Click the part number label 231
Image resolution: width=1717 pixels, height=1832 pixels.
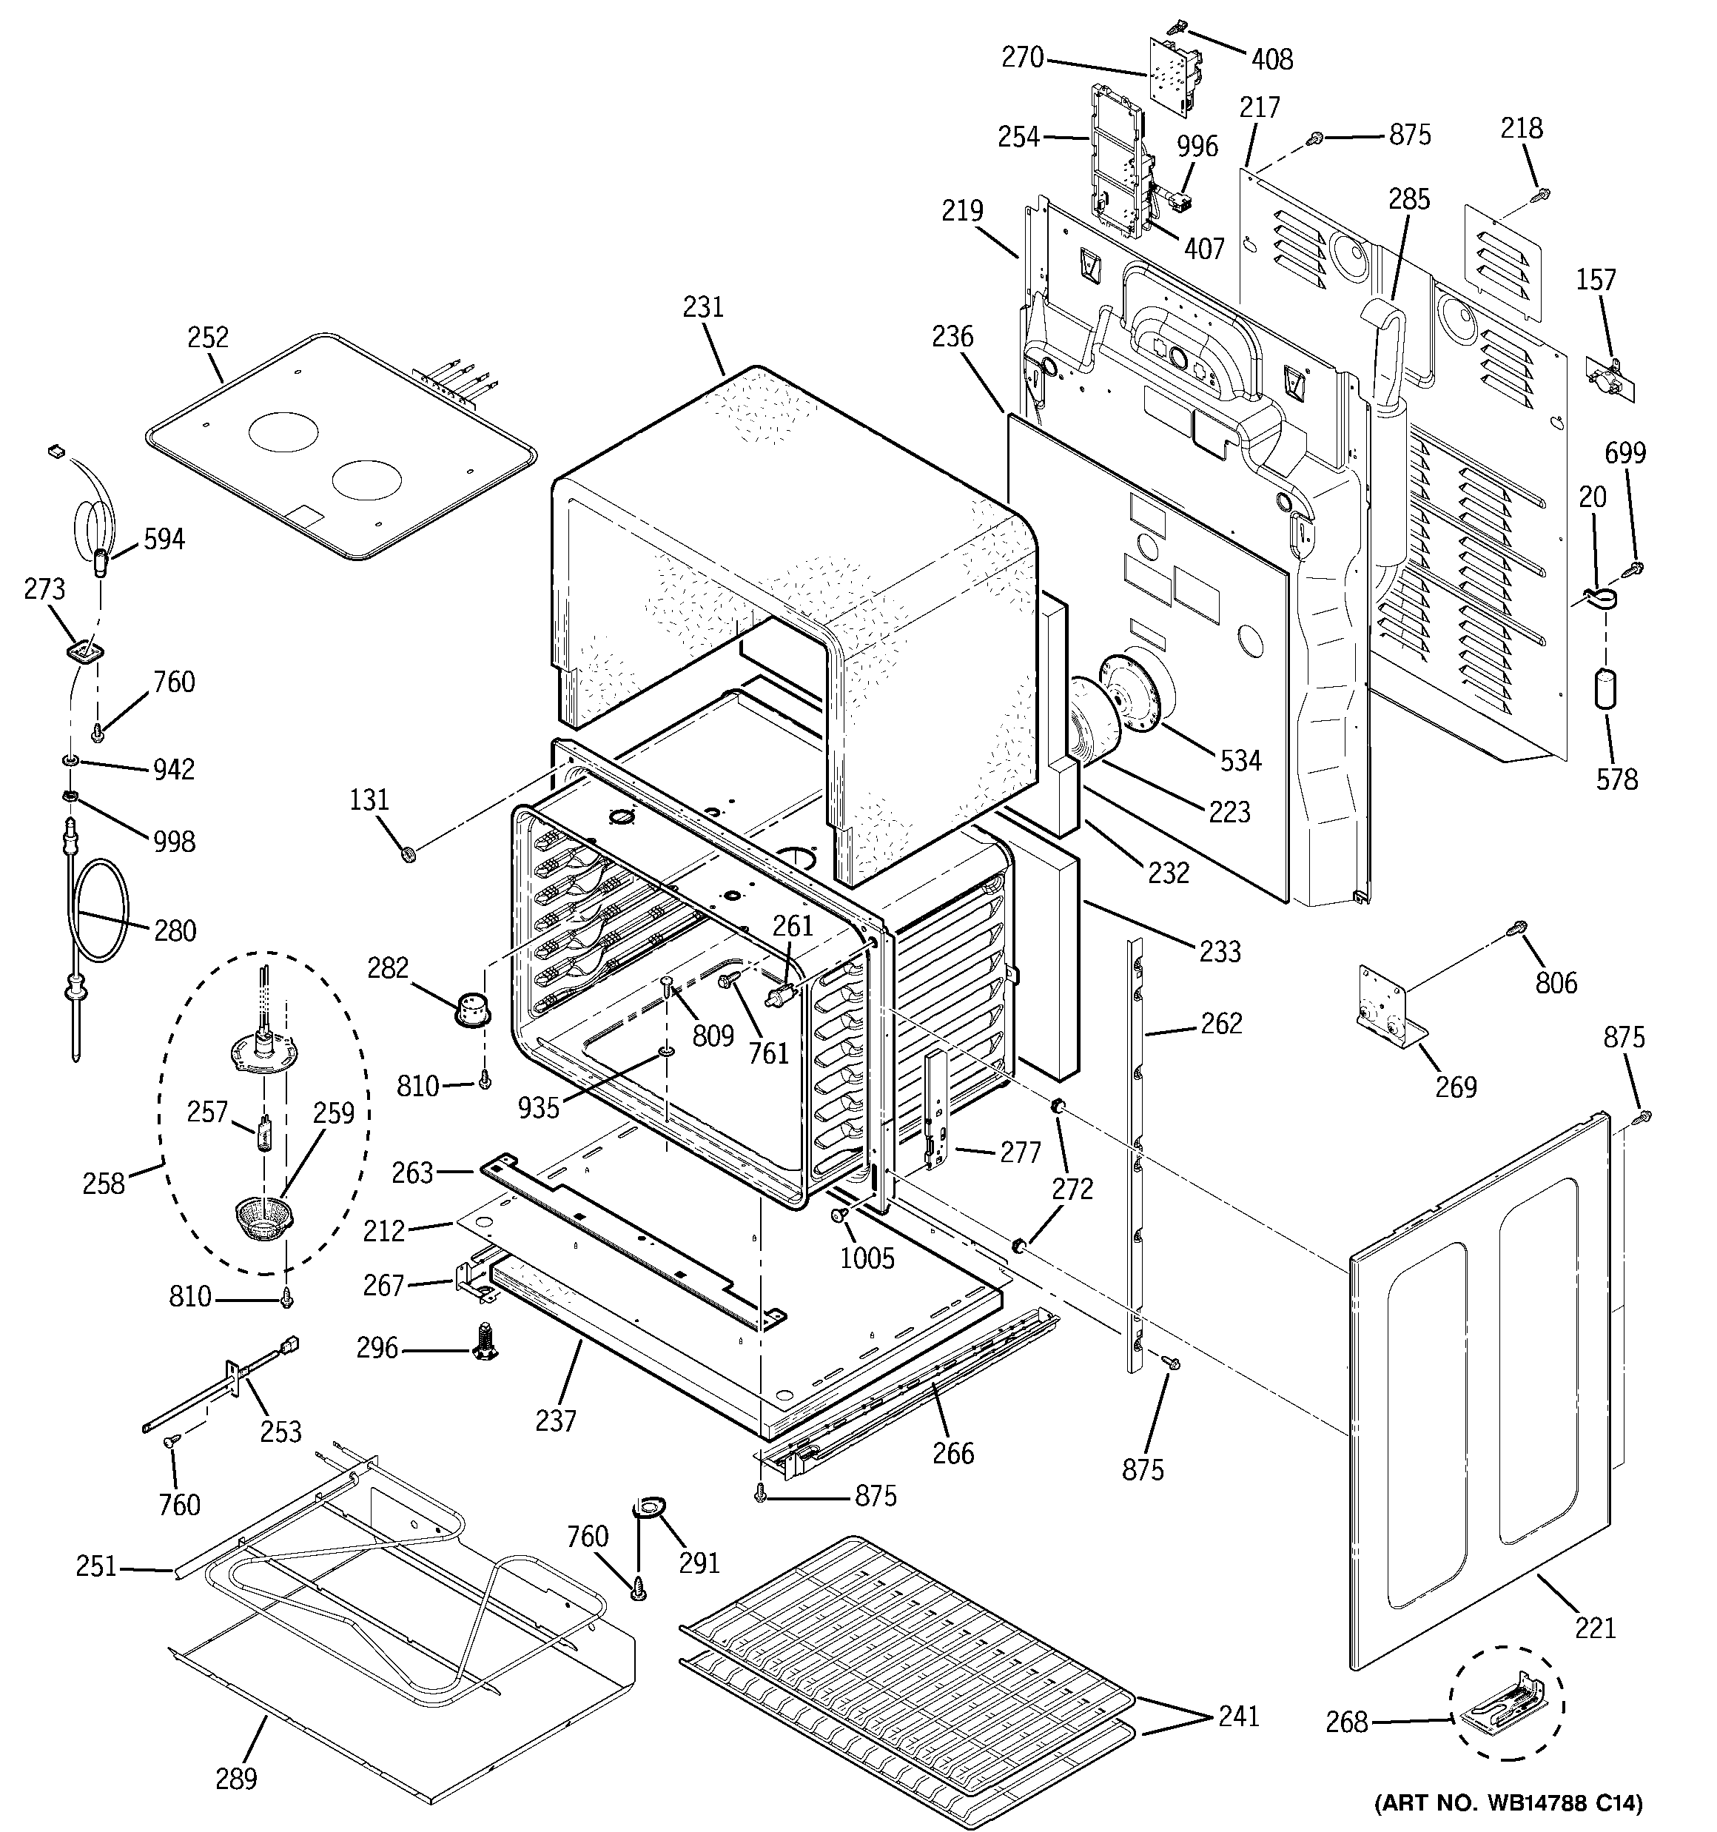pos(703,307)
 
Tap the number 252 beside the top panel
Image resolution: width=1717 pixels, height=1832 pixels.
pos(207,338)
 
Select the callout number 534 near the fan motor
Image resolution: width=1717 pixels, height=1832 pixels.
pos(1240,760)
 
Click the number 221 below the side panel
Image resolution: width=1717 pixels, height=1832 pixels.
pos(1596,1628)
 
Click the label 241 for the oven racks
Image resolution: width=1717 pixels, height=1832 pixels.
pos(1237,1716)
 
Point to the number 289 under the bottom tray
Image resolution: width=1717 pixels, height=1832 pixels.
pos(236,1778)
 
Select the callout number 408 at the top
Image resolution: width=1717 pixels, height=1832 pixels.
pos(1272,59)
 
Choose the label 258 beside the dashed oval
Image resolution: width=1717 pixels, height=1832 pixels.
pos(103,1184)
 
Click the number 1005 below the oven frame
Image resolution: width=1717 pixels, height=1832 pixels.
pos(867,1257)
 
